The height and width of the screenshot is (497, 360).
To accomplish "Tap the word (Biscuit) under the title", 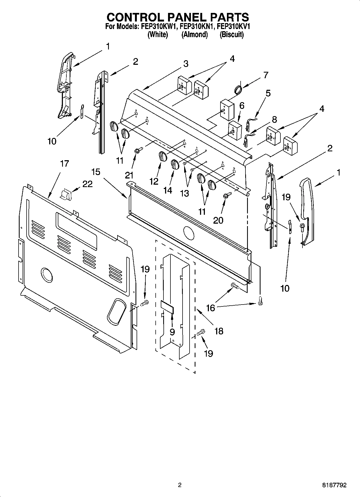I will tap(231, 35).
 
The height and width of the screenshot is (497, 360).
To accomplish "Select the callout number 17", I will tap(64, 163).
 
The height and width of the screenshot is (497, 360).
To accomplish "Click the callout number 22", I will tap(87, 184).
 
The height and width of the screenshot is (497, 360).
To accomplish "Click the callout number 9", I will tap(172, 332).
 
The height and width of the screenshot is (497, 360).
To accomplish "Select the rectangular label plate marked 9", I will tap(167, 307).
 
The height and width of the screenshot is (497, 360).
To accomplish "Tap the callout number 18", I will tap(219, 331).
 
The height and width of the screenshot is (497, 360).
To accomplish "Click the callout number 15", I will tap(95, 171).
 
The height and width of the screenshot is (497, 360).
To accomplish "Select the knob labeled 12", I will tap(162, 156).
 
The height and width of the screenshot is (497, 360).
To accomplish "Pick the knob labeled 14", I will tap(175, 164).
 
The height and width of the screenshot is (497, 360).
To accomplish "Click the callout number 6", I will tap(242, 106).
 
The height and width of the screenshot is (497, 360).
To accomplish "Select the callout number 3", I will tap(186, 64).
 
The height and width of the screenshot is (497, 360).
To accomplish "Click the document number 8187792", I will tap(334, 485).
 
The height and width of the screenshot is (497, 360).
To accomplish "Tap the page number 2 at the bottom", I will tap(180, 485).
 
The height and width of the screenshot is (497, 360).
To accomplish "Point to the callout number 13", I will tap(185, 193).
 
